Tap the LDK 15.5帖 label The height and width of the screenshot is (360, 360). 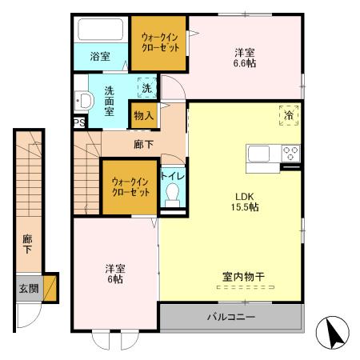245,201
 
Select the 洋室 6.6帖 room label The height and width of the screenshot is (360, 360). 244,58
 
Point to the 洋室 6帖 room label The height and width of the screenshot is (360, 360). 114,274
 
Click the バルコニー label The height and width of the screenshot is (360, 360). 231,318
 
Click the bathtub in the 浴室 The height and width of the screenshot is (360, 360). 101,32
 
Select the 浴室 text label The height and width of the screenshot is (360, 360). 100,57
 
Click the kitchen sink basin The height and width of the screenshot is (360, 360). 262,153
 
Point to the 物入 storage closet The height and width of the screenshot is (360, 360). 143,115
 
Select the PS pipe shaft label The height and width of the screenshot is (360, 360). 78,122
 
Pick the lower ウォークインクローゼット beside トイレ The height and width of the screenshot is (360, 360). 130,187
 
